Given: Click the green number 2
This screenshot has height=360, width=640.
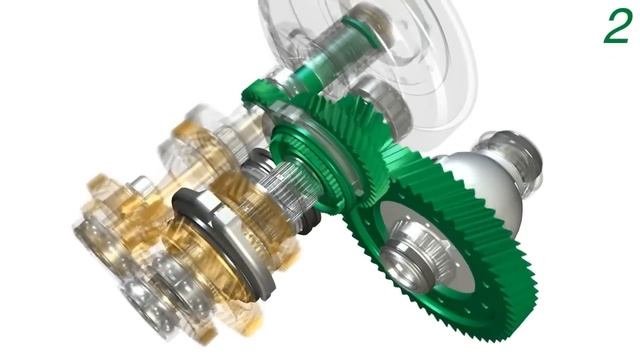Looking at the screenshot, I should [x=616, y=27].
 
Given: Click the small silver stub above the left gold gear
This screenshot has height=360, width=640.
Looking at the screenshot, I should [x=140, y=185].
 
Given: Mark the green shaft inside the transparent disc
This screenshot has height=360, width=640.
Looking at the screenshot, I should [x=345, y=45].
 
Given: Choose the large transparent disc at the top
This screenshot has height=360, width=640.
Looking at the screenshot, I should [x=400, y=50].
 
